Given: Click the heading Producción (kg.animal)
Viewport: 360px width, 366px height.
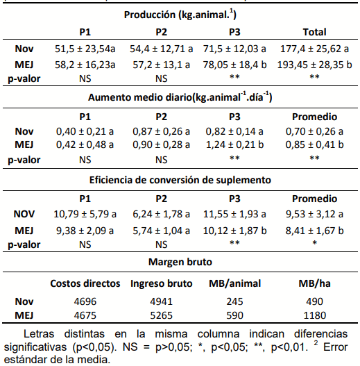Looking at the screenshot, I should point(182,15).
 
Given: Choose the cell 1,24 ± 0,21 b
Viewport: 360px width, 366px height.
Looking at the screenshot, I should point(237,144).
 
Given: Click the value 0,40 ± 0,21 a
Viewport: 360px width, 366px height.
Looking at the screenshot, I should point(85,130).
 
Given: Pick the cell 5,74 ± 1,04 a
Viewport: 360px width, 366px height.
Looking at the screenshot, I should point(161,229).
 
